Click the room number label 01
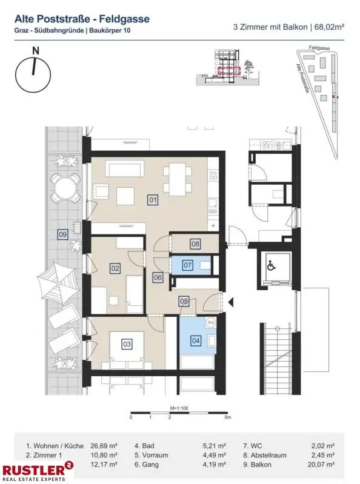click(x=152, y=199)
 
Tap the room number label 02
click(x=114, y=267)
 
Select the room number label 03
click(x=127, y=344)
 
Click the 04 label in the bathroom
click(x=196, y=340)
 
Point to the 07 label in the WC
click(x=187, y=265)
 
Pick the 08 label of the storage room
click(x=195, y=244)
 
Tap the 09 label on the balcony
click(x=62, y=234)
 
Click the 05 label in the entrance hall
click(x=184, y=300)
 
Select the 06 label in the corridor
click(x=158, y=277)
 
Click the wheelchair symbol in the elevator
click(x=271, y=265)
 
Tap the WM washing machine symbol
click(x=211, y=323)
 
